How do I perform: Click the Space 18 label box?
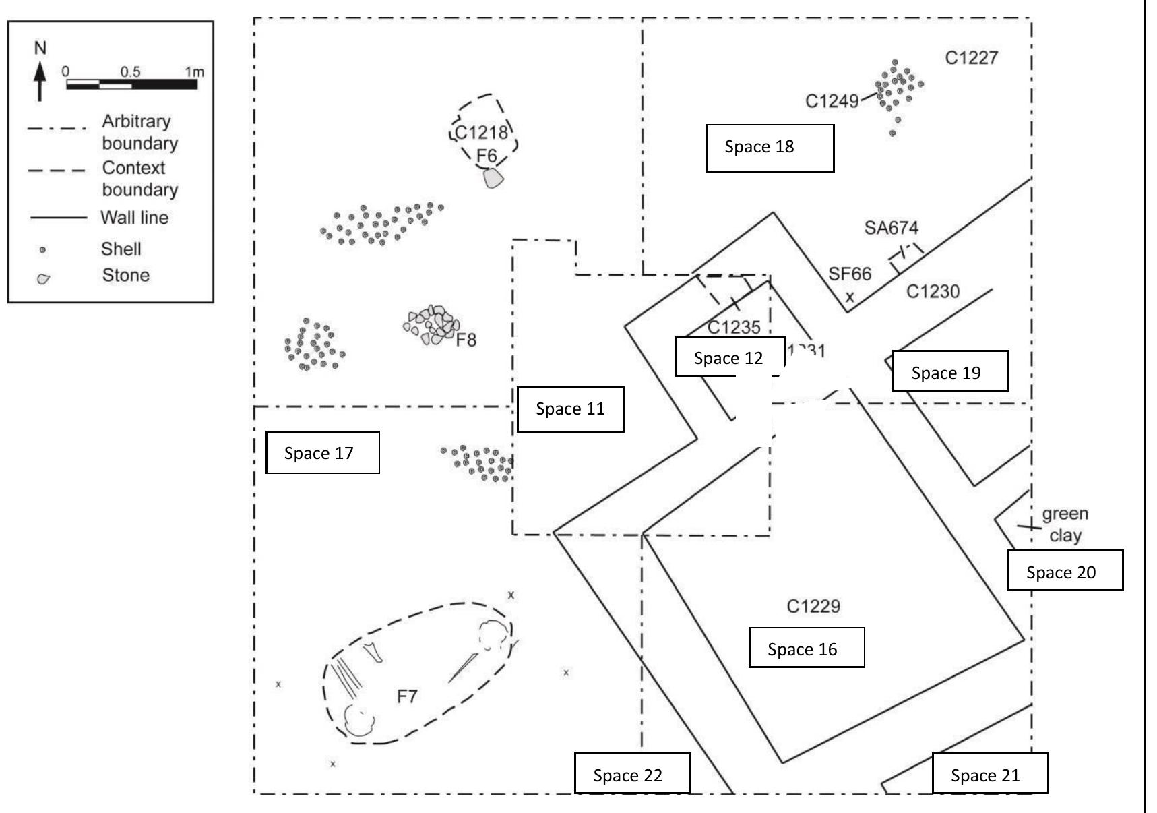[770, 148]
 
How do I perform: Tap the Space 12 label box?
[730, 357]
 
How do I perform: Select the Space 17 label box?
[322, 453]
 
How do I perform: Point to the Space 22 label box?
[632, 774]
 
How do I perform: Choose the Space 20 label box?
[1065, 571]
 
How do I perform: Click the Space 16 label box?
[806, 648]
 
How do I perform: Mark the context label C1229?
[813, 606]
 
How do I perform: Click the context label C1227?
[971, 58]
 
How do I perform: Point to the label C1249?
[832, 101]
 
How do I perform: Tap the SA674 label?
[891, 228]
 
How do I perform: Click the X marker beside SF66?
[850, 297]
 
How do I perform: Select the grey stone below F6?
[493, 178]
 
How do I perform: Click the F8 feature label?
[466, 340]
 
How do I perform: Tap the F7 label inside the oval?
[407, 696]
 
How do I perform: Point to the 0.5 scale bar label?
[130, 71]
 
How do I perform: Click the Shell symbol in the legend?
[43, 250]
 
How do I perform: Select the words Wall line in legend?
[134, 218]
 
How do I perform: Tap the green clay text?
[1065, 524]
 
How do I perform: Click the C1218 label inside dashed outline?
[481, 132]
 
